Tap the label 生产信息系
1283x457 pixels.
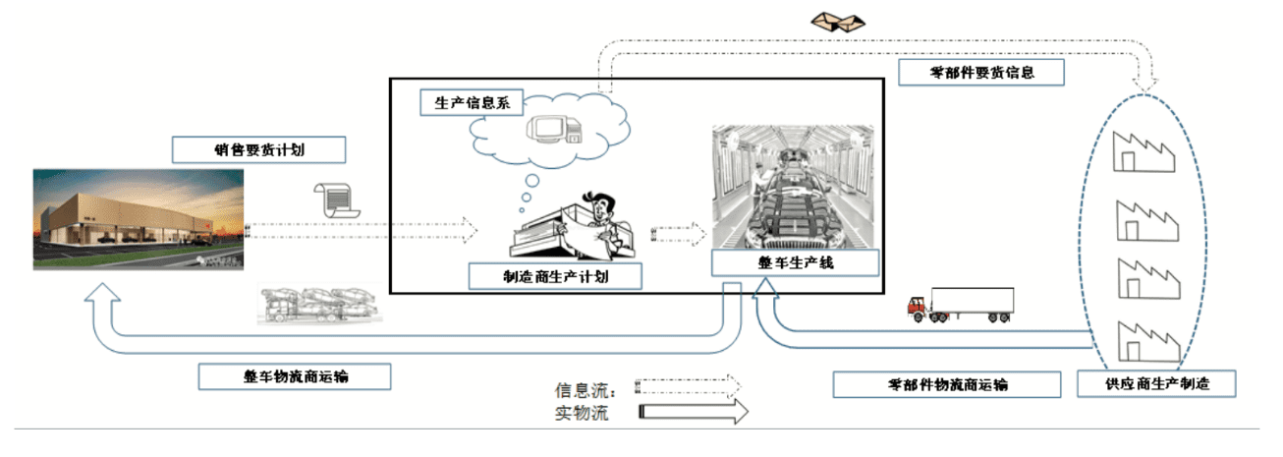(x=472, y=103)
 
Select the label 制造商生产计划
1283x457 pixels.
(x=556, y=276)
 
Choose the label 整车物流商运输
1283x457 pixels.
(x=295, y=376)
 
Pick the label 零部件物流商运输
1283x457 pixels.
(x=947, y=384)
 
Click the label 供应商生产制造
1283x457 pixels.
(x=1155, y=383)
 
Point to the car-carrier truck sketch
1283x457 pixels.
(x=318, y=304)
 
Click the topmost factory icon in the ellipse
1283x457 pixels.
(x=1145, y=152)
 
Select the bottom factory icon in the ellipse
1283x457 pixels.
(x=1145, y=339)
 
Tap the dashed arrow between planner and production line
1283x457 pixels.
(x=679, y=234)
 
